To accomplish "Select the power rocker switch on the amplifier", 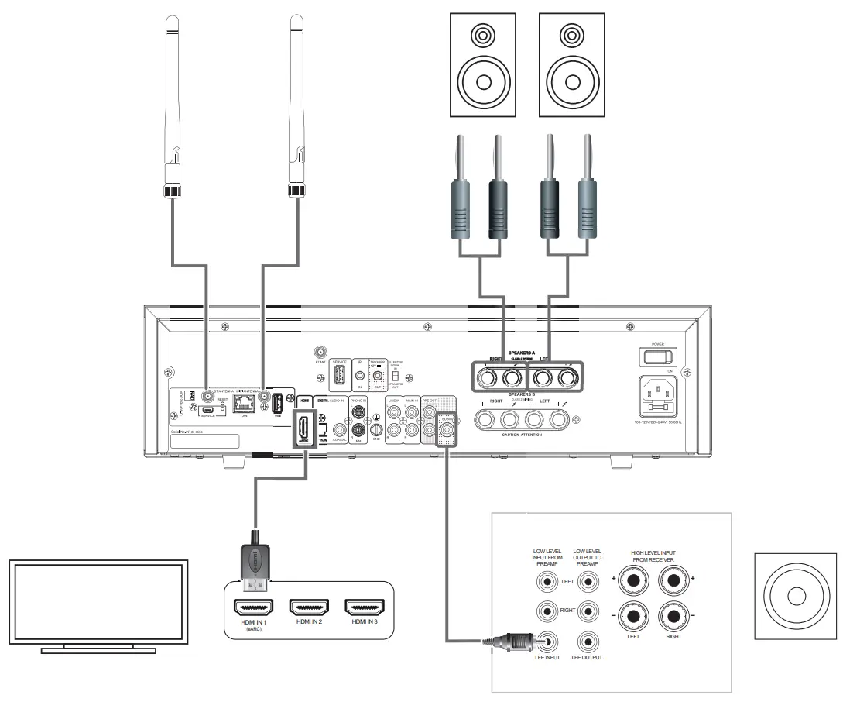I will coord(656,356).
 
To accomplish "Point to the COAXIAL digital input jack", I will coord(338,428).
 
